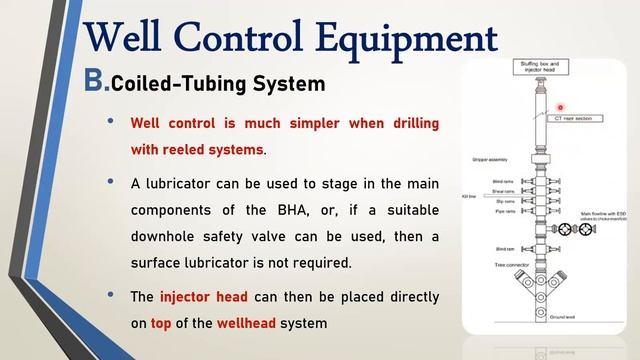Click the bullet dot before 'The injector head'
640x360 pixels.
click(x=111, y=297)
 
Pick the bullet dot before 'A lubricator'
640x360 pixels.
click(x=111, y=184)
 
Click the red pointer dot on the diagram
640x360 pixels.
click(x=562, y=108)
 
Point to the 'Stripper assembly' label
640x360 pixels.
click(x=490, y=160)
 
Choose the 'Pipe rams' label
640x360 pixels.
click(x=504, y=211)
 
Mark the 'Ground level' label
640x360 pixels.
click(x=564, y=316)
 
